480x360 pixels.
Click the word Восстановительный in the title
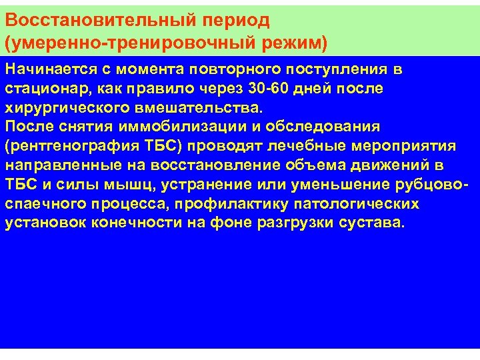92,21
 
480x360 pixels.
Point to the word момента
157,69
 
